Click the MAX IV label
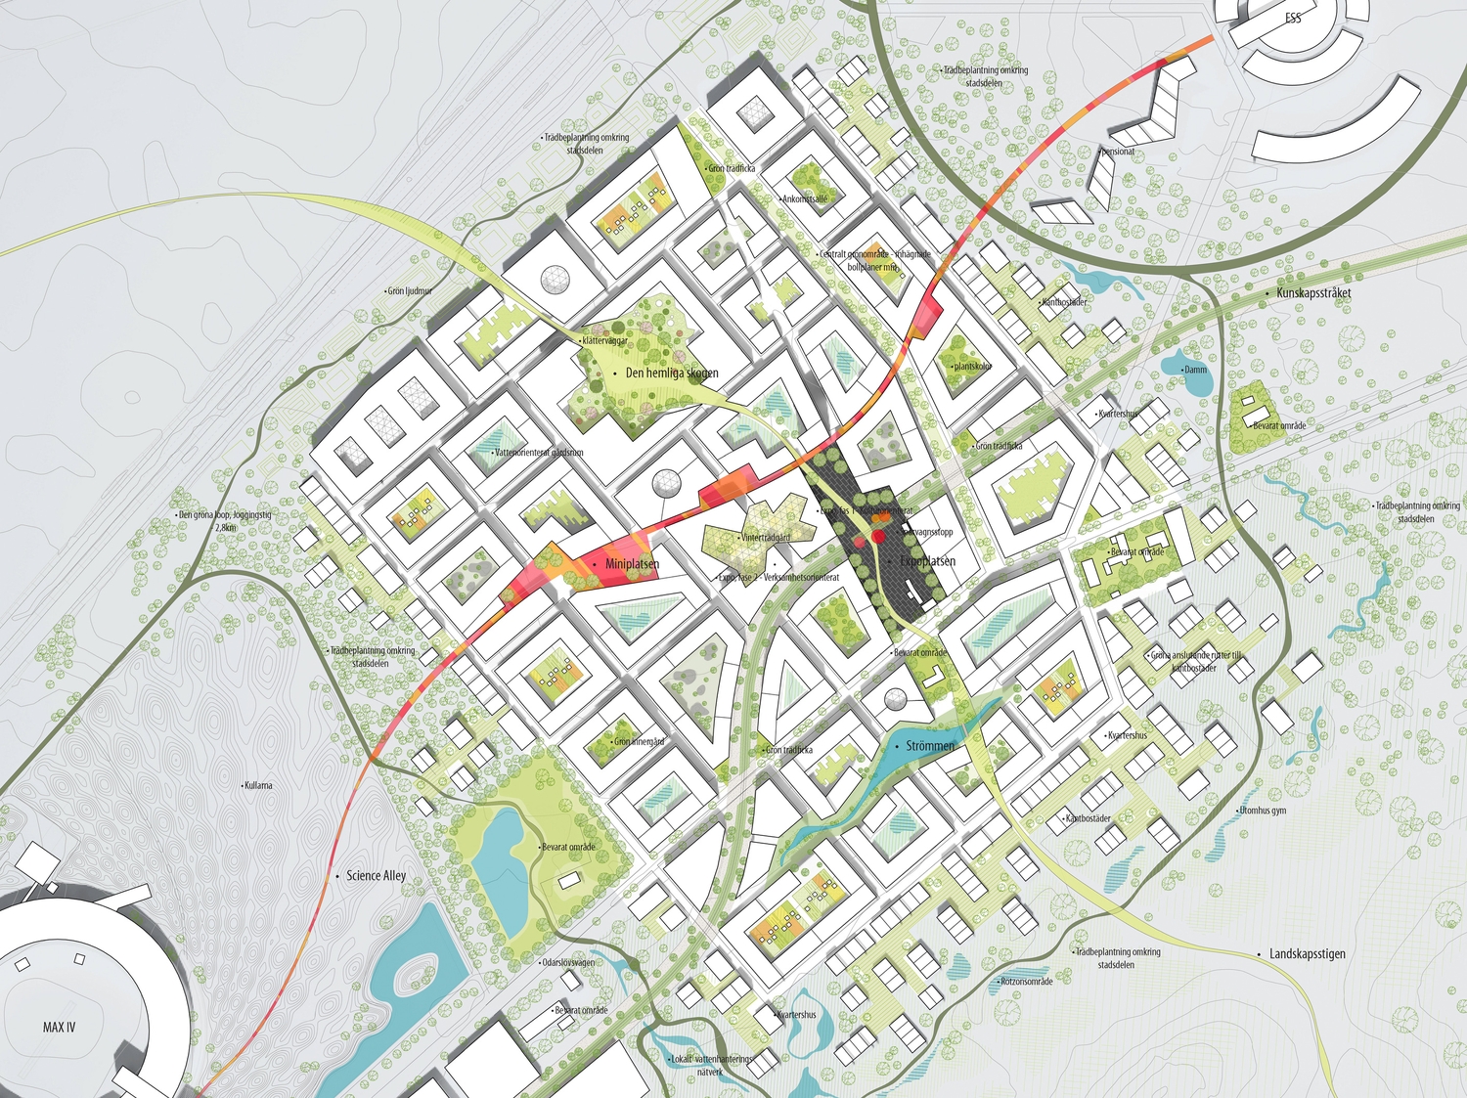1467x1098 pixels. pyautogui.click(x=59, y=1027)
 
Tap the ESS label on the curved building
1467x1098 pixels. pyautogui.click(x=1293, y=19)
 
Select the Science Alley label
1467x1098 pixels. pyautogui.click(x=376, y=876)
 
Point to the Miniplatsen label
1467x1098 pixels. pyautogui.click(x=632, y=565)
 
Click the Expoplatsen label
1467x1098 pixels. pyautogui.click(x=927, y=561)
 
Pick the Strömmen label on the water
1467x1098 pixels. pyautogui.click(x=929, y=746)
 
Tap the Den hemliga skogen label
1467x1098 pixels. pyautogui.click(x=672, y=373)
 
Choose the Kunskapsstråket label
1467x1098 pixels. pyautogui.click(x=1313, y=293)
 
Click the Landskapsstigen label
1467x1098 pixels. pyautogui.click(x=1308, y=954)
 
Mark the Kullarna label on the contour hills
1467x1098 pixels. pyautogui.click(x=259, y=785)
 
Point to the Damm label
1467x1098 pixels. pyautogui.click(x=1195, y=370)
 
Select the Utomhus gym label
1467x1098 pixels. pyautogui.click(x=1263, y=811)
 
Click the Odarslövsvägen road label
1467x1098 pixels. pyautogui.click(x=568, y=962)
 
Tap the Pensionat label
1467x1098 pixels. pyautogui.click(x=1118, y=152)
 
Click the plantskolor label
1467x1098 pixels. pyautogui.click(x=972, y=367)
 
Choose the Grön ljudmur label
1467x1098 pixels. pyautogui.click(x=410, y=291)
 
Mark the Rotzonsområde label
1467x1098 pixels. pyautogui.click(x=1026, y=982)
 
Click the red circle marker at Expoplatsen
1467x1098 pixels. pyautogui.click(x=877, y=535)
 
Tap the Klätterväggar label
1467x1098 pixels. pyautogui.click(x=605, y=341)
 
